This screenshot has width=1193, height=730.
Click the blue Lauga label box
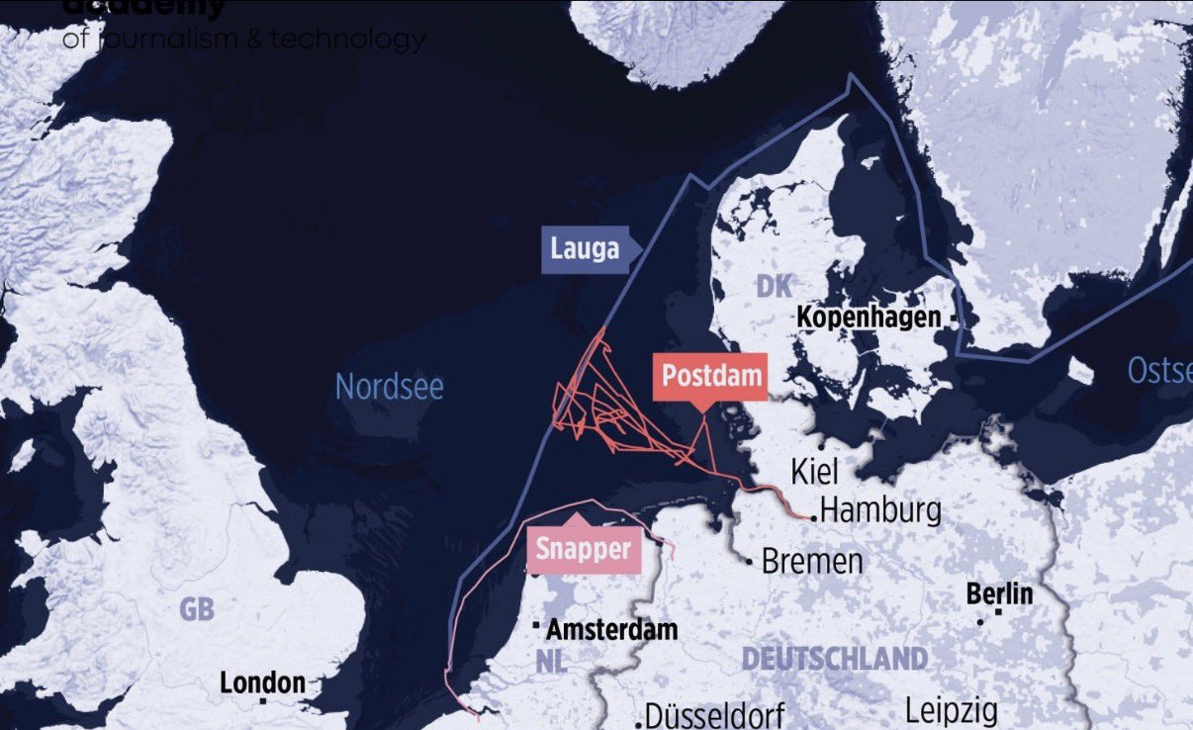tap(586, 249)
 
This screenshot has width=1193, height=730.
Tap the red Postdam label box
tap(710, 377)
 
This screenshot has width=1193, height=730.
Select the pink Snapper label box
tap(584, 550)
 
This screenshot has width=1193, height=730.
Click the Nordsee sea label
tap(390, 386)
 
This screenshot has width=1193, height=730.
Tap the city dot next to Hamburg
tap(813, 516)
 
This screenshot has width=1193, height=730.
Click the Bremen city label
tap(812, 562)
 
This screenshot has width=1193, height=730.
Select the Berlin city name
tap(1000, 593)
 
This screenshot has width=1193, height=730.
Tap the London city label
tap(262, 683)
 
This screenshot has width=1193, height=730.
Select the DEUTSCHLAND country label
tap(835, 659)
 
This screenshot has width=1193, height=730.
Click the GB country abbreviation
tap(197, 609)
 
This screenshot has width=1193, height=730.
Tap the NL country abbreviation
tap(553, 661)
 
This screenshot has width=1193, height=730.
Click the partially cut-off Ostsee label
tap(1159, 371)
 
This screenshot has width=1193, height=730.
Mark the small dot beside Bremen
tap(752, 560)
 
